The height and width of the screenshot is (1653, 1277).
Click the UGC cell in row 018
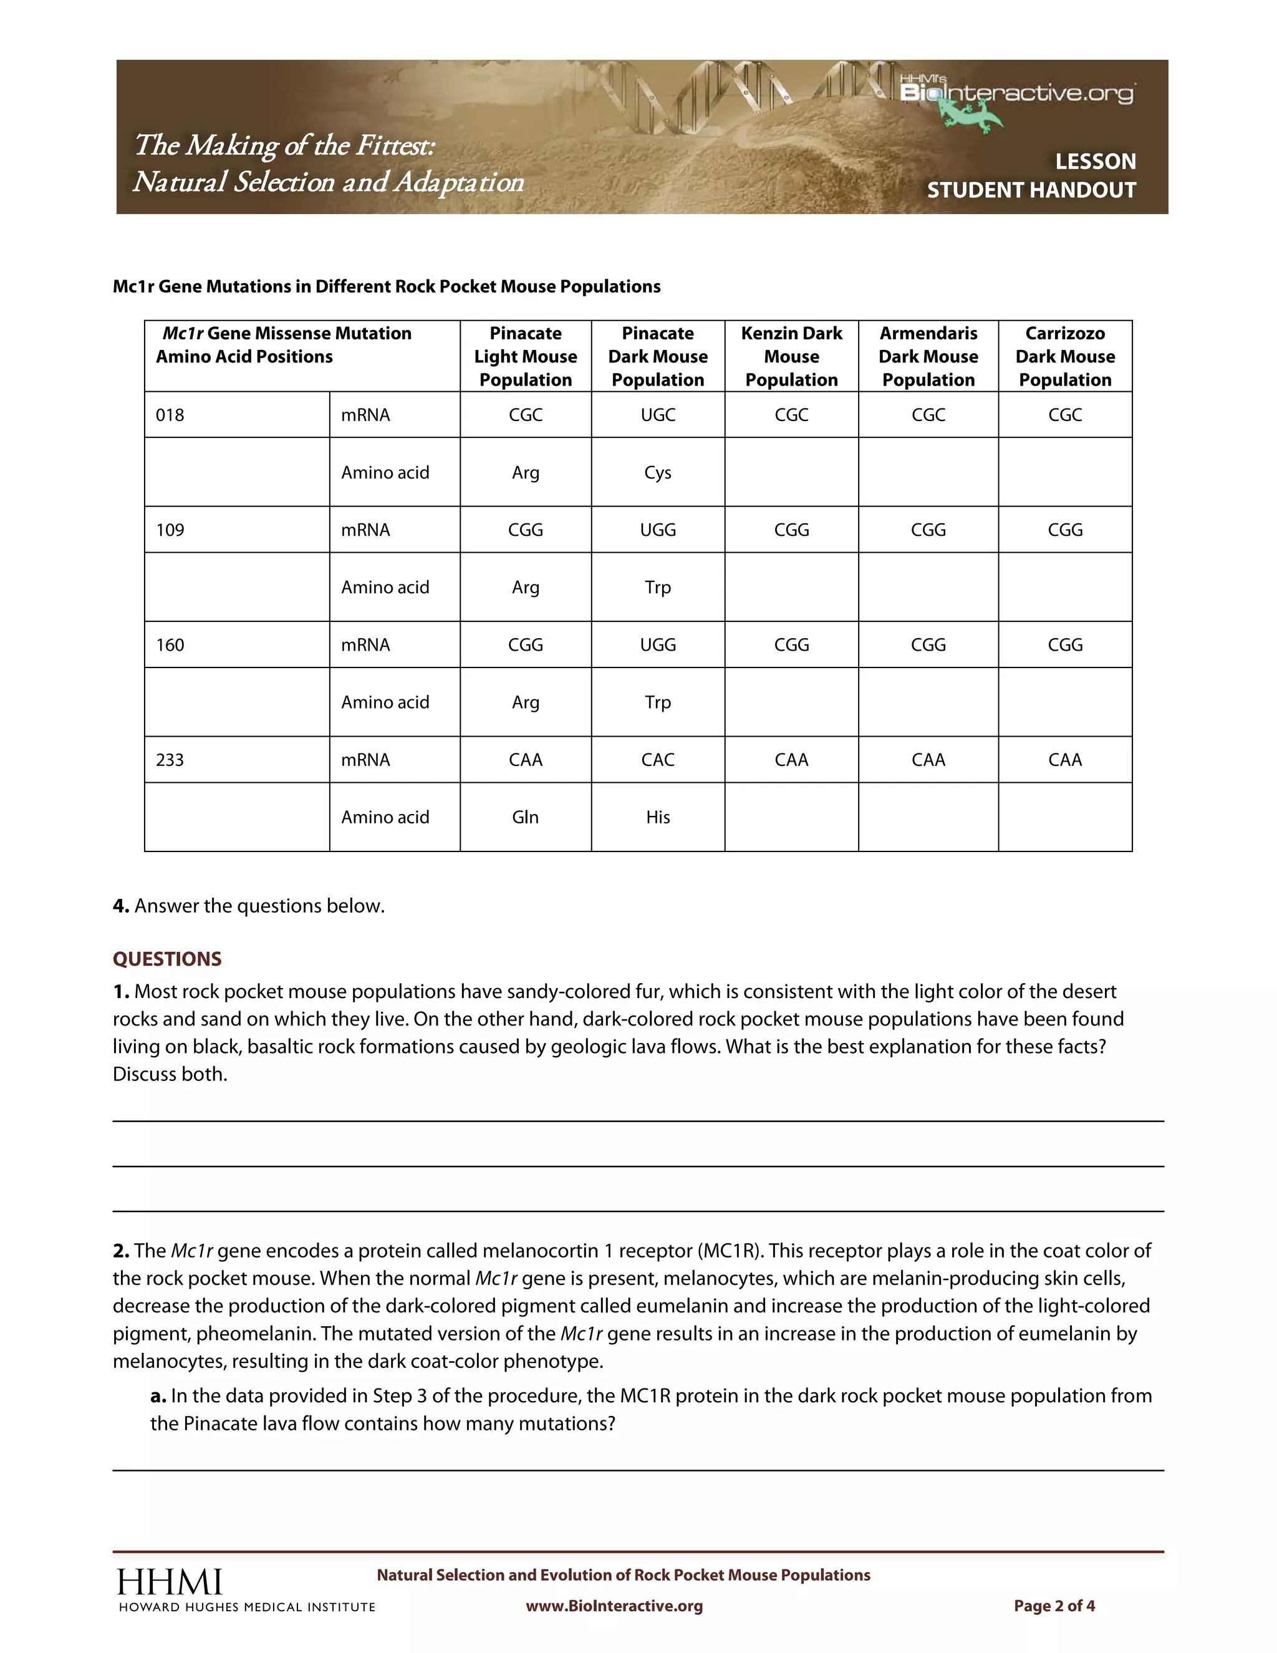(657, 415)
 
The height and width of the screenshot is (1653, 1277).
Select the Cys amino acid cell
(657, 472)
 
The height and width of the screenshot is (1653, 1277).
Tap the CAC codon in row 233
(657, 760)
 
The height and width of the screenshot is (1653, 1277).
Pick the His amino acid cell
(657, 817)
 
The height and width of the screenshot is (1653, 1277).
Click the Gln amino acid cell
(525, 817)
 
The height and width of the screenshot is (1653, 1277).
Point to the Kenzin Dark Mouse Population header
(791, 356)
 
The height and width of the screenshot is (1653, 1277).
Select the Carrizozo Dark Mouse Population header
(1064, 356)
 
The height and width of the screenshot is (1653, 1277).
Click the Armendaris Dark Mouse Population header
(928, 356)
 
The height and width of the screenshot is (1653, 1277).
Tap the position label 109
(170, 530)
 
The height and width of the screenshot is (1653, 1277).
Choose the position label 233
(170, 760)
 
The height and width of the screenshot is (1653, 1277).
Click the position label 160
(170, 645)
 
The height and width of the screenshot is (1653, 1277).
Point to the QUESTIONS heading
(167, 959)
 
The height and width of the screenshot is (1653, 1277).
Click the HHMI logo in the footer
(170, 1583)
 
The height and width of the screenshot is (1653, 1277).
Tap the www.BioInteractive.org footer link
(614, 1606)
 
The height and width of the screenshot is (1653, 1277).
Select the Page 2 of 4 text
(1054, 1606)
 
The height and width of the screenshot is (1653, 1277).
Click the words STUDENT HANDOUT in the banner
(1031, 190)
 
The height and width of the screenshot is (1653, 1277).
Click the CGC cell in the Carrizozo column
(1064, 415)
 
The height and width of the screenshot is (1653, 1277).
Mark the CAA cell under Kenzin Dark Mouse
(791, 760)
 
